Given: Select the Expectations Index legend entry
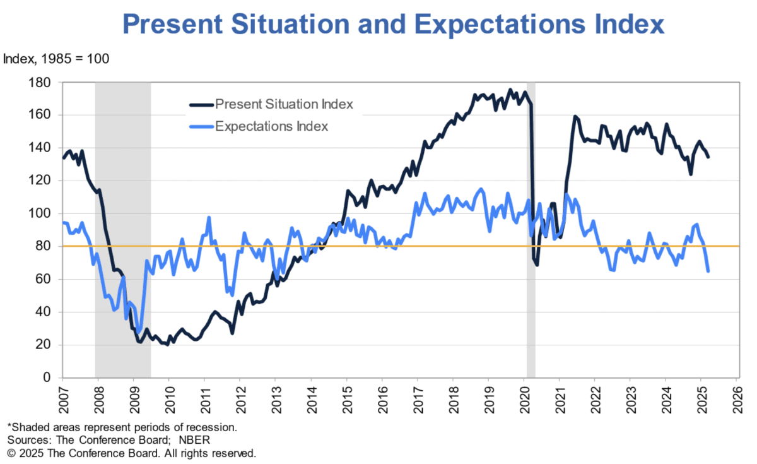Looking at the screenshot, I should pos(271,126).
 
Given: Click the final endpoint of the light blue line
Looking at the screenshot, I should pos(708,271).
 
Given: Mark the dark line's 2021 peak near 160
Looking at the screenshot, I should pos(575,116).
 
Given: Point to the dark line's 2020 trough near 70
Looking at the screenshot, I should pos(537,264).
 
